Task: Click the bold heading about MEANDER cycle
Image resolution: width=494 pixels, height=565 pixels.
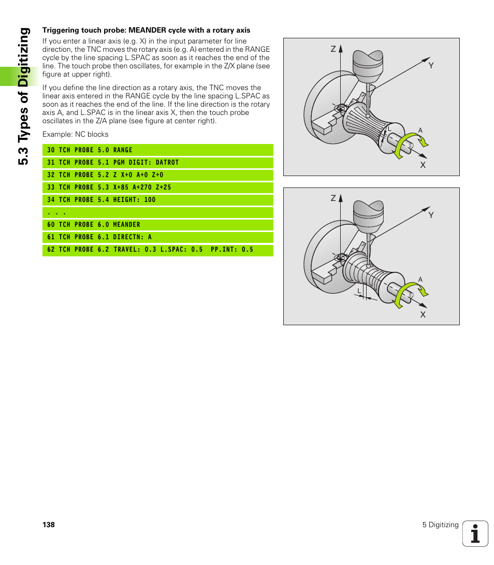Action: pyautogui.click(x=146, y=31)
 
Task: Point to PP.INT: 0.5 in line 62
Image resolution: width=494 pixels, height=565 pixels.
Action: pyautogui.click(x=232, y=250)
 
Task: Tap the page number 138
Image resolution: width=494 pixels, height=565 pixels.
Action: pyautogui.click(x=49, y=525)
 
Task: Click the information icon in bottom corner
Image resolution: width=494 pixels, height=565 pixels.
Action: pyautogui.click(x=475, y=533)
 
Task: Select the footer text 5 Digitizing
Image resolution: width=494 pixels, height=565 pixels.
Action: pyautogui.click(x=440, y=525)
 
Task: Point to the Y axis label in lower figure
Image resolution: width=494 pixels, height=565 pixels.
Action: pyautogui.click(x=430, y=215)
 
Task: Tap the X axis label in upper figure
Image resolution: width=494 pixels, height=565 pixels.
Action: pyautogui.click(x=423, y=165)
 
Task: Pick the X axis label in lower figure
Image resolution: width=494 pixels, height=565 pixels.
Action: pyautogui.click(x=423, y=314)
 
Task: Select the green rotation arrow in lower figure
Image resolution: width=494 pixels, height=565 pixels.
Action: pyautogui.click(x=409, y=293)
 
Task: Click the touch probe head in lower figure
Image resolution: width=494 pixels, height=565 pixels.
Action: pyautogui.click(x=368, y=212)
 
